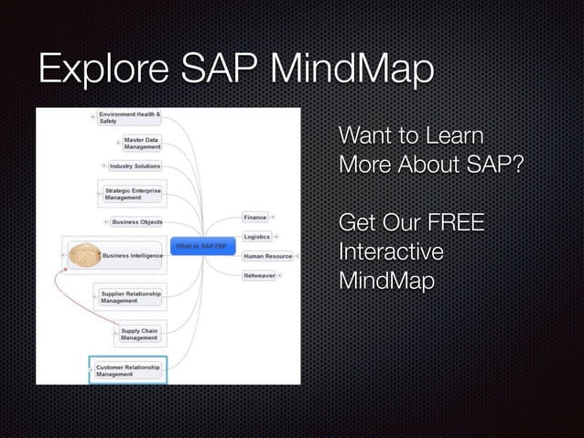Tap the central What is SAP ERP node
pos(200,247)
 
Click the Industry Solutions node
pos(135,166)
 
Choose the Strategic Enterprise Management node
pos(133,193)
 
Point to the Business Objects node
pos(136,221)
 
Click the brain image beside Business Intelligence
pos(82,255)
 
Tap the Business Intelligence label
pos(132,256)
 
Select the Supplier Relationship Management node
pos(131,296)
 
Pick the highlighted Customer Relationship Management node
pos(128,369)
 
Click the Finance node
pos(254,218)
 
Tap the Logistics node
pos(256,237)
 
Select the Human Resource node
pos(267,256)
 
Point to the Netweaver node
pos(259,275)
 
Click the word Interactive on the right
pos(391,251)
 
